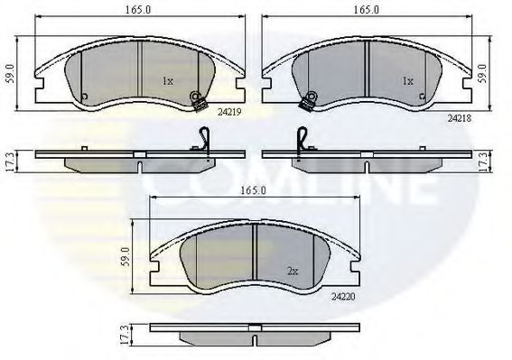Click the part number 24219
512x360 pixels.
[229, 113]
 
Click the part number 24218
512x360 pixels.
[460, 119]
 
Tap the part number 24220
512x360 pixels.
[343, 297]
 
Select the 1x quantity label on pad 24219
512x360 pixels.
[168, 81]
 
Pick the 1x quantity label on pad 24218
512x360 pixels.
[407, 81]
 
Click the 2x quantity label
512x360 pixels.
[293, 272]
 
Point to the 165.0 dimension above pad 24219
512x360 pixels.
[138, 10]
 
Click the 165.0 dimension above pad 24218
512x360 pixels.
[367, 10]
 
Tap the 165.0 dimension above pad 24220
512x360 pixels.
[254, 190]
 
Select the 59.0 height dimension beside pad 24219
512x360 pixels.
[10, 74]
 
